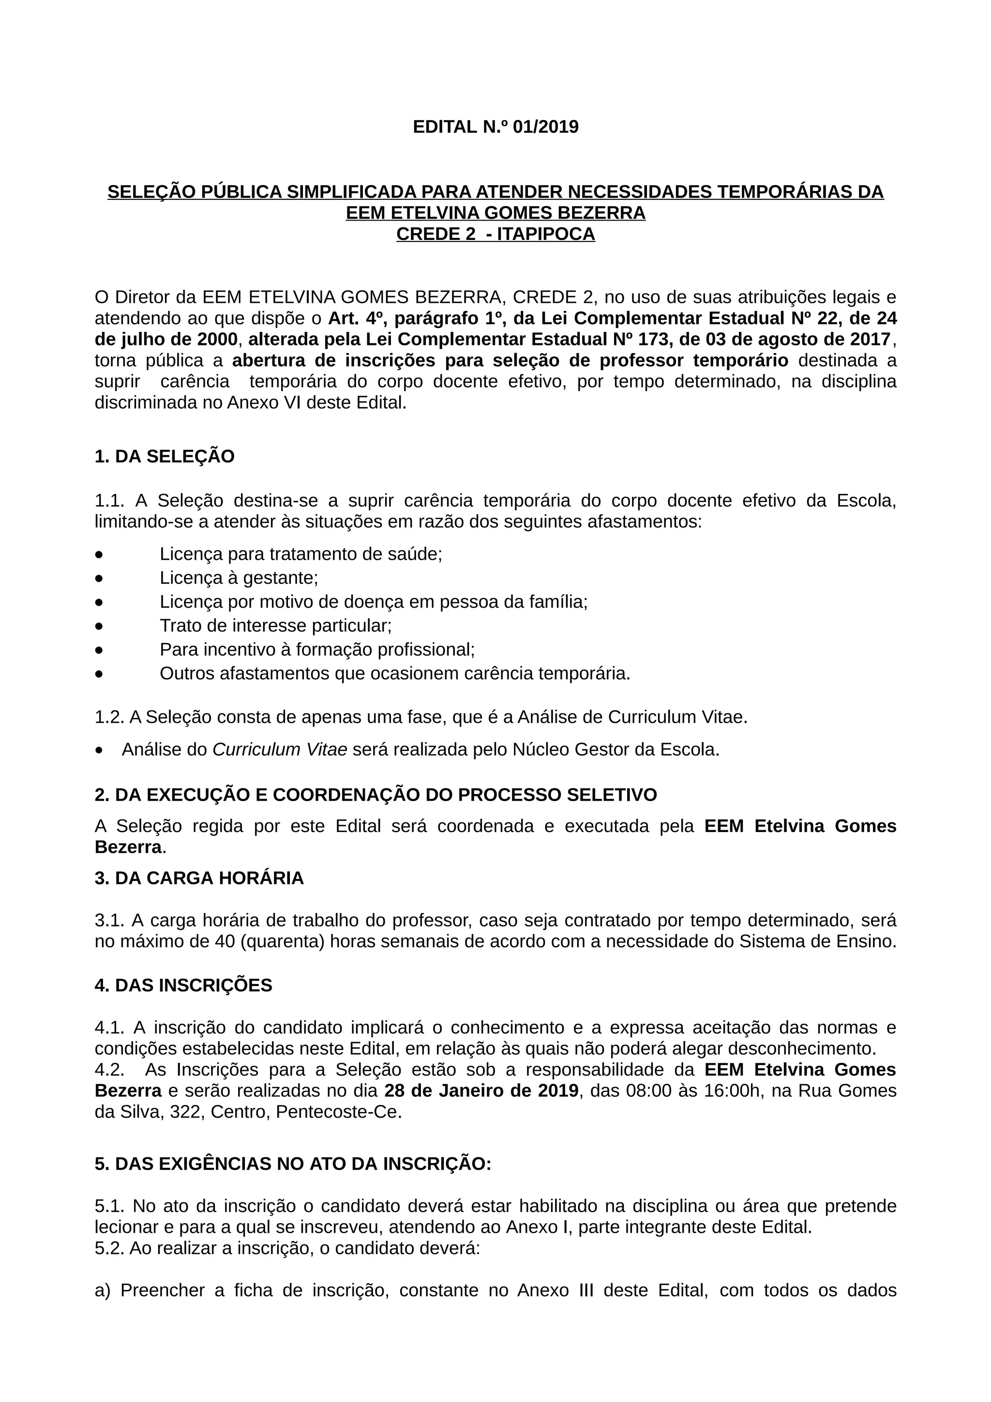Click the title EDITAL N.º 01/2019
(495, 127)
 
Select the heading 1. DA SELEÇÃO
(164, 457)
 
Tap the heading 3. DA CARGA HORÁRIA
(199, 878)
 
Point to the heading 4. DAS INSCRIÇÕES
(183, 985)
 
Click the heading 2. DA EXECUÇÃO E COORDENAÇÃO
(375, 795)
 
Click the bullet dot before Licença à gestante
(99, 578)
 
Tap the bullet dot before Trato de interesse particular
(99, 626)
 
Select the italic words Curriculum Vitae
(280, 750)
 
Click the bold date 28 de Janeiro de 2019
(481, 1090)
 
